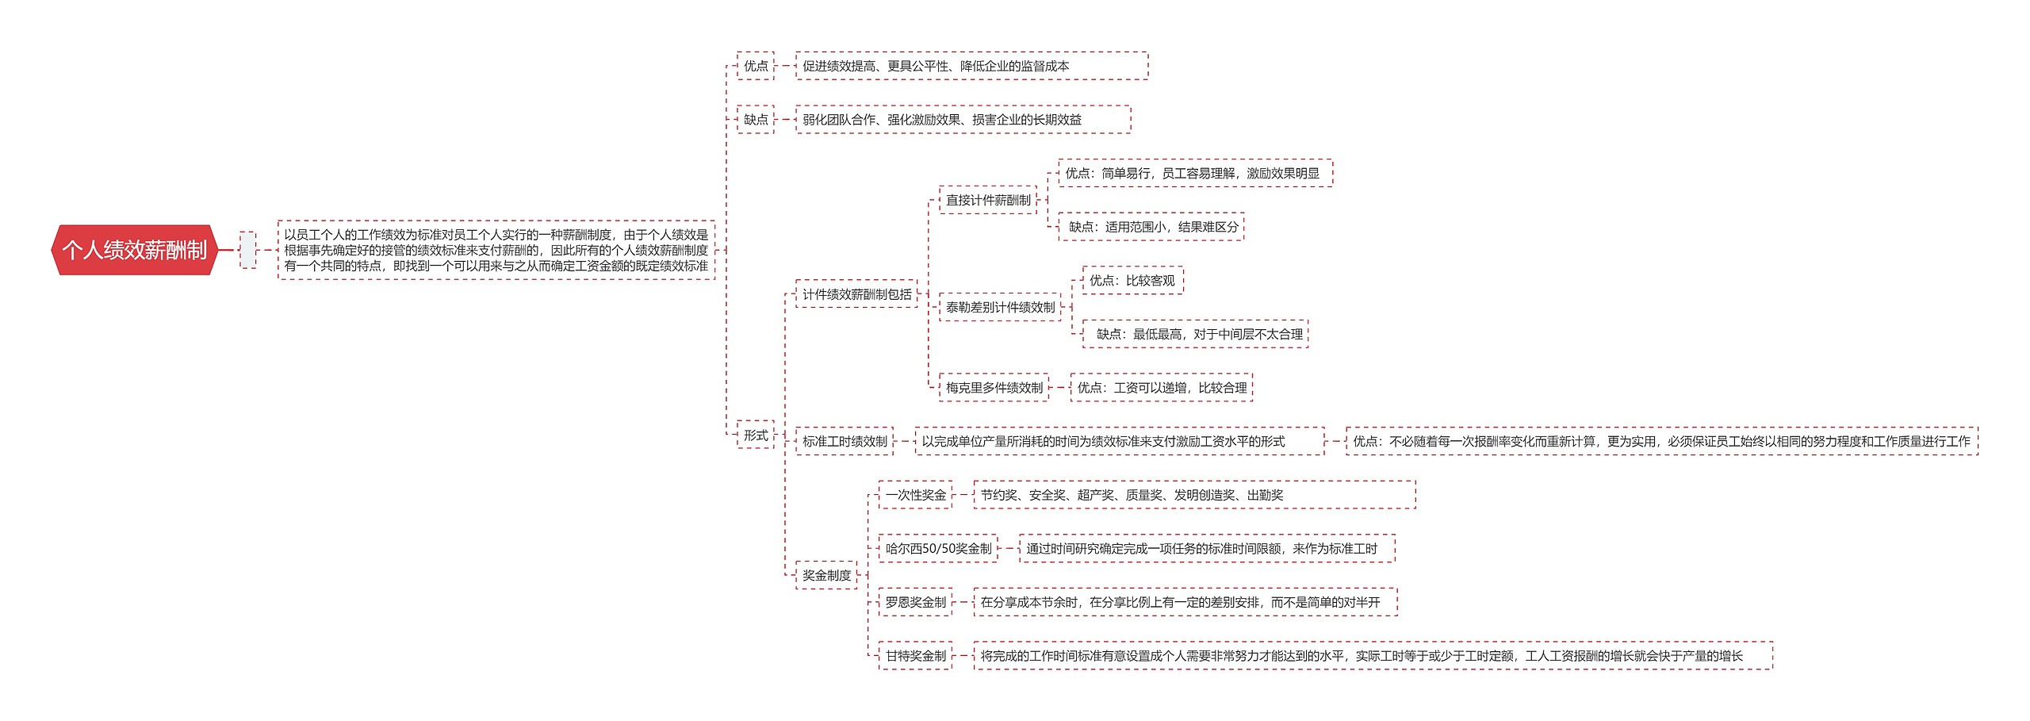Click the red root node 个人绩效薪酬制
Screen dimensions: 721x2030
[134, 250]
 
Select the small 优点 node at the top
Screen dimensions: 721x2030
[755, 66]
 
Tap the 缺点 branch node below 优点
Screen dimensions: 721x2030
[755, 120]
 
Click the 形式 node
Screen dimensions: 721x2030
[755, 435]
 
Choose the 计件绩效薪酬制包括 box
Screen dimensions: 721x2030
[856, 294]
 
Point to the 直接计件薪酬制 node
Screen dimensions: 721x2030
[988, 200]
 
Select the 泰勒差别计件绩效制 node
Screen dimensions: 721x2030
[1000, 307]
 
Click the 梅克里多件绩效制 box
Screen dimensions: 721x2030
[994, 388]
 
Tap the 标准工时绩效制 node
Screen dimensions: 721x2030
[845, 441]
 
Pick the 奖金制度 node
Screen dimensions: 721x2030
[826, 575]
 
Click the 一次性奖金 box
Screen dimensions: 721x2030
[915, 495]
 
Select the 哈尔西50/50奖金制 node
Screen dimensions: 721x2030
[938, 548]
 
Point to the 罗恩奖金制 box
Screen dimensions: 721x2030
[915, 602]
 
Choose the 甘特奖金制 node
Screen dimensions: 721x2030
[915, 656]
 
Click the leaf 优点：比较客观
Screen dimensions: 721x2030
[1132, 281]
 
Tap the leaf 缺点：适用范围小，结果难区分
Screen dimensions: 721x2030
[1152, 227]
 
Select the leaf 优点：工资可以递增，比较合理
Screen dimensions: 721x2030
[1161, 388]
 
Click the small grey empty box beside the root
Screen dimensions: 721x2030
[248, 250]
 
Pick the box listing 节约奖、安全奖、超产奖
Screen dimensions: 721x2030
[1193, 495]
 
